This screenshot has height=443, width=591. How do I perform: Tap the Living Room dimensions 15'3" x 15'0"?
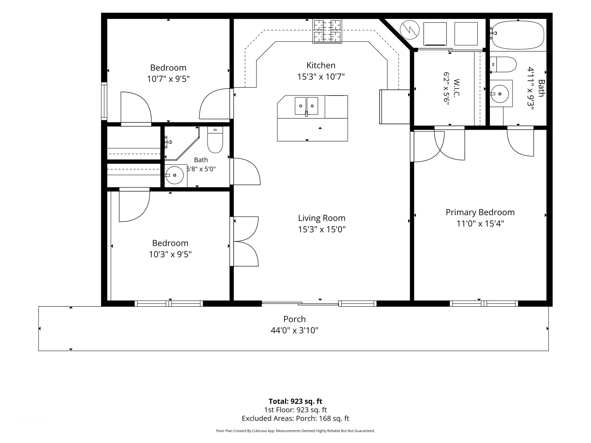click(x=322, y=229)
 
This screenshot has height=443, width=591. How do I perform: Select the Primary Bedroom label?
click(x=480, y=212)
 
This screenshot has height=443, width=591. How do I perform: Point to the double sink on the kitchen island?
click(x=307, y=106)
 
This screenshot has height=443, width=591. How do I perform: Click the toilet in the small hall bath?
click(x=215, y=140)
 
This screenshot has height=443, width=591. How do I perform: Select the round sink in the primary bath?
click(x=500, y=94)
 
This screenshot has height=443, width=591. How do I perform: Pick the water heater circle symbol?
click(x=410, y=30)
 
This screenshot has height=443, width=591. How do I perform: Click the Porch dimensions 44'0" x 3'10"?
click(x=295, y=330)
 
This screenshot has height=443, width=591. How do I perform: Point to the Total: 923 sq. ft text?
click(x=295, y=401)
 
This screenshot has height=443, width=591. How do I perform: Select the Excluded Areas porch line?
click(x=295, y=418)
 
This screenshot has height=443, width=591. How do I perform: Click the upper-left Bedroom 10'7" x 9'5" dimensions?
click(x=168, y=79)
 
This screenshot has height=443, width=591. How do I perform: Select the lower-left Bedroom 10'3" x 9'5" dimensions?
click(x=170, y=254)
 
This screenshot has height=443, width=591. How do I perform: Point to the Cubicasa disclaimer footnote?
click(x=295, y=431)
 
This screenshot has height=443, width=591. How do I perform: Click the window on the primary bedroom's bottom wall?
click(x=484, y=303)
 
